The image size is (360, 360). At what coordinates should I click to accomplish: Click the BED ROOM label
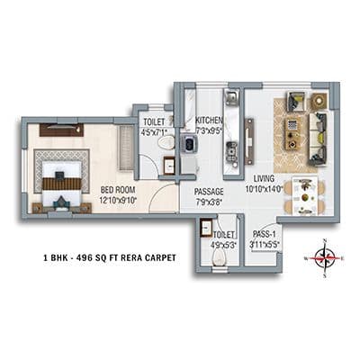(x=117, y=190)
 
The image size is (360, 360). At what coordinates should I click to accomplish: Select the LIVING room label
(x=263, y=179)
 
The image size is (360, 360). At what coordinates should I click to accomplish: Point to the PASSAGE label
(x=209, y=192)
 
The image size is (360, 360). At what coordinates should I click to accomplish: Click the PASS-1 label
(x=264, y=233)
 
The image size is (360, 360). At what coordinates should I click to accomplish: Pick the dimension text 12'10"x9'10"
(x=118, y=201)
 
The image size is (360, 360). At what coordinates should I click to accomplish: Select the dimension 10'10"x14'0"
(x=264, y=190)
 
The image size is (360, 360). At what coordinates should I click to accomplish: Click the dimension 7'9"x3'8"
(x=209, y=202)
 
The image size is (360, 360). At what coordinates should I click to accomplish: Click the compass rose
(x=326, y=257)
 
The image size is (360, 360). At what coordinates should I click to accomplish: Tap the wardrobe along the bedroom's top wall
(x=61, y=130)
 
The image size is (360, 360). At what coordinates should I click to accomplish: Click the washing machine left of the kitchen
(x=188, y=143)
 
